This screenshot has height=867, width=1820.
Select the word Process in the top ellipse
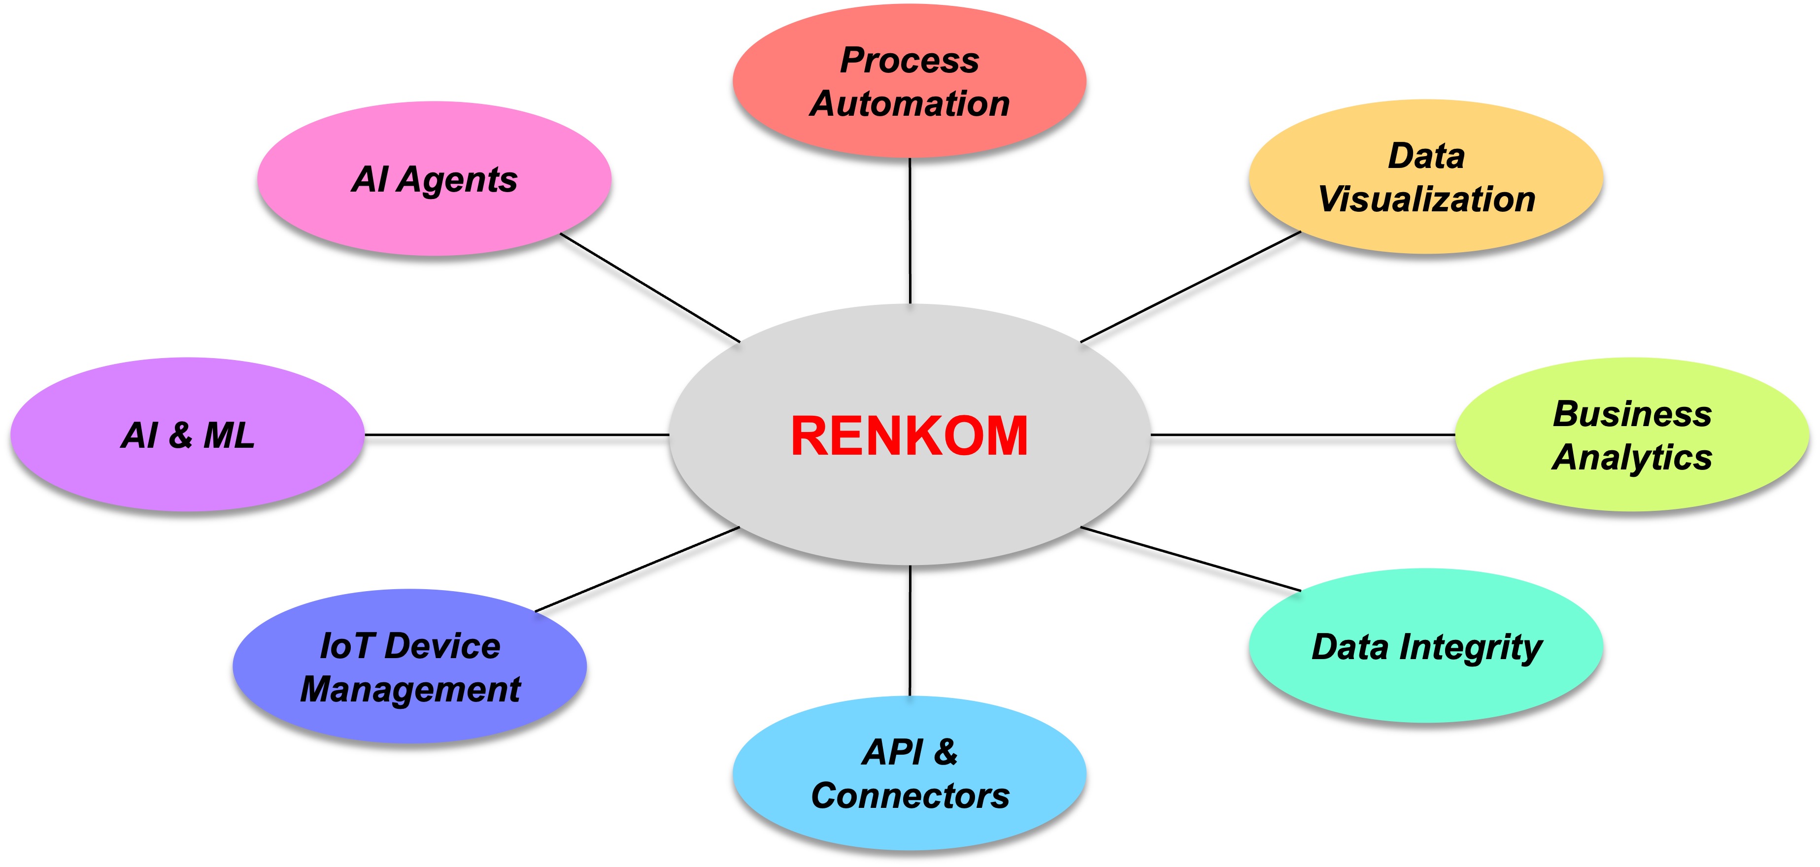(x=910, y=61)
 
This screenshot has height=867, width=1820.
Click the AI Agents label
(x=434, y=179)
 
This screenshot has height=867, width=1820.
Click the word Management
(x=410, y=690)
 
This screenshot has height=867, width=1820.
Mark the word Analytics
(x=1632, y=458)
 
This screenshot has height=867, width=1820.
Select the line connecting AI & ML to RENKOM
(x=516, y=434)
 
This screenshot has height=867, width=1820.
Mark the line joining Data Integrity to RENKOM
(x=1190, y=559)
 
